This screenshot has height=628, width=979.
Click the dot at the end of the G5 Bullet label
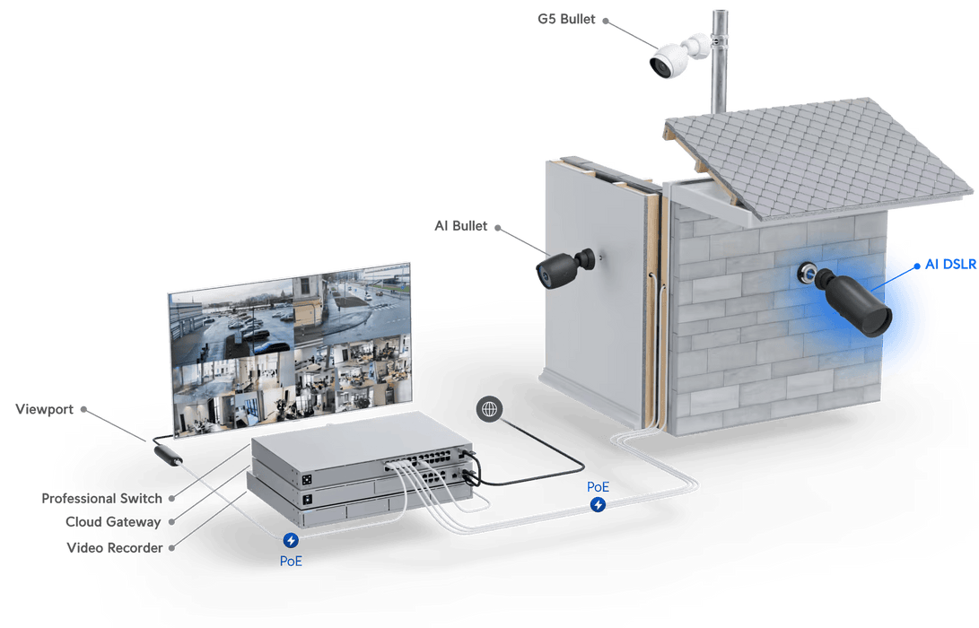605,21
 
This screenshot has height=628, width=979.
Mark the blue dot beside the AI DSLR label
916,266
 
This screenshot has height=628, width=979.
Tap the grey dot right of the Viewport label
83,409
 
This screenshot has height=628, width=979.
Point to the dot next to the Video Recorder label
171,548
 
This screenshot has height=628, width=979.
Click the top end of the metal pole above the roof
720,12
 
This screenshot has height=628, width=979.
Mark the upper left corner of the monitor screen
169,293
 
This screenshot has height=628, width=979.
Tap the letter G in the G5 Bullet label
543,20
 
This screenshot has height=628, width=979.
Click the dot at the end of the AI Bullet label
498,228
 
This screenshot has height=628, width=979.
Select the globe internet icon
490,409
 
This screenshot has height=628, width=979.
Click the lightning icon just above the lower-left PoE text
291,540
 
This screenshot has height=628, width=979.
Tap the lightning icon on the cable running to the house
599,504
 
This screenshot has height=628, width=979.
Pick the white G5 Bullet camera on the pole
678,56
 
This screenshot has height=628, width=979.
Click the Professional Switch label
101,498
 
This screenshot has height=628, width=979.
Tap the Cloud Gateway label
113,522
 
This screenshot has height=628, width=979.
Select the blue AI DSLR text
950,265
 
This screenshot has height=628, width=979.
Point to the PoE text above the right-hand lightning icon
598,487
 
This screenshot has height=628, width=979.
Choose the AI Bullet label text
460,226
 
